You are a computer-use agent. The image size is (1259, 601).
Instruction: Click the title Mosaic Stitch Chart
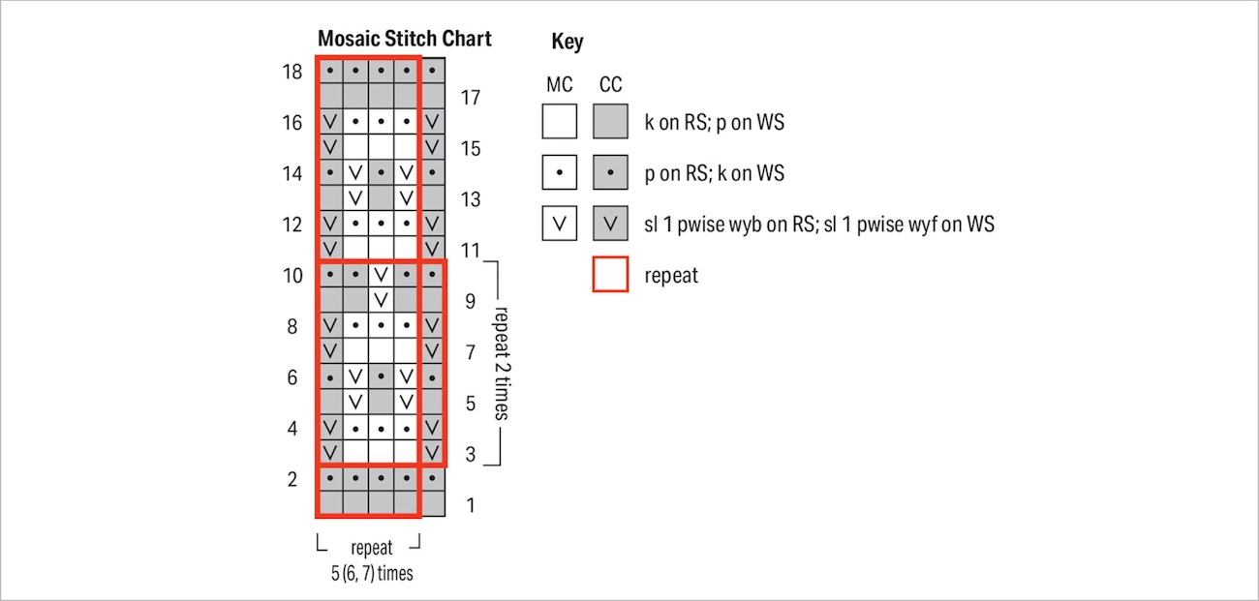(404, 38)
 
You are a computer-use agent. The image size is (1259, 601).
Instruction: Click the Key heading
(568, 42)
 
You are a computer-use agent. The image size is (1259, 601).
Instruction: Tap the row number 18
(292, 72)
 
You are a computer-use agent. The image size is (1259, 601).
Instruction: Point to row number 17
(471, 98)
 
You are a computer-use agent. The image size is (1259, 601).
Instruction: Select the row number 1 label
(471, 505)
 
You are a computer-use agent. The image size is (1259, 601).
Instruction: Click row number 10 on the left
(292, 276)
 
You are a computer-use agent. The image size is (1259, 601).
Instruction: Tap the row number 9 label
(471, 302)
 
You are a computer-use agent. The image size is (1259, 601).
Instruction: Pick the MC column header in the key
(559, 85)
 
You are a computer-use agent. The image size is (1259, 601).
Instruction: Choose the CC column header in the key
(610, 85)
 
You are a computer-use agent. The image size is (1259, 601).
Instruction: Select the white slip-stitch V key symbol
(559, 224)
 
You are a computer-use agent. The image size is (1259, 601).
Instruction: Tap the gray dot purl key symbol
(610, 172)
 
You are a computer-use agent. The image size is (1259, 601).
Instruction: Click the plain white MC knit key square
(559, 121)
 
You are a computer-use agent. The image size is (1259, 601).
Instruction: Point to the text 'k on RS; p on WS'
(715, 122)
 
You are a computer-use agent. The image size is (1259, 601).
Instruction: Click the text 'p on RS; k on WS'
(715, 173)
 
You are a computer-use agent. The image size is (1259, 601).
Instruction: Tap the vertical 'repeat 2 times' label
(502, 364)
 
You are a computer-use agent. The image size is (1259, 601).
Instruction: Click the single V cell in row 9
(381, 300)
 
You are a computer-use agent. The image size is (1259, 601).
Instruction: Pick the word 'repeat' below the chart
(372, 548)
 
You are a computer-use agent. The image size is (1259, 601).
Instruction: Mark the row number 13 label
(471, 199)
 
